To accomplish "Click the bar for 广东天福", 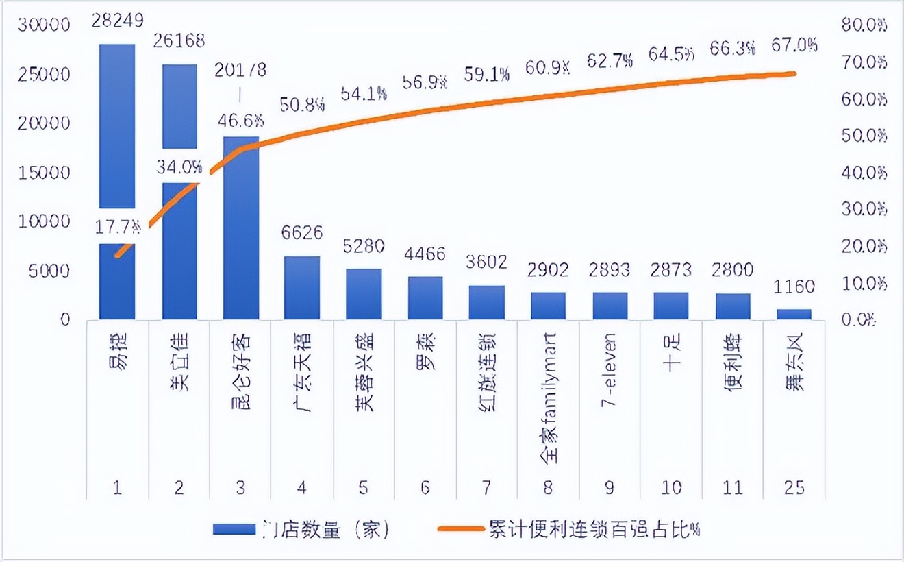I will click(x=302, y=288).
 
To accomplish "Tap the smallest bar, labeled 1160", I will click(x=794, y=314).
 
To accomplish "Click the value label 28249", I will click(x=117, y=21).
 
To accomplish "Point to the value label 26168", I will click(x=179, y=41).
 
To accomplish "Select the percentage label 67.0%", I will click(x=794, y=46).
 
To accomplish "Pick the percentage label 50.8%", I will click(x=302, y=105).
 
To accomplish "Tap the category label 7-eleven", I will click(x=609, y=369).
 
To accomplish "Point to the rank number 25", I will click(x=794, y=487).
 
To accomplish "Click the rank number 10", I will click(x=670, y=487).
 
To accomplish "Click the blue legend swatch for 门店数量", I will click(x=234, y=529).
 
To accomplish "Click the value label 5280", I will click(x=363, y=245).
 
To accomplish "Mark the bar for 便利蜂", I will click(x=732, y=306).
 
